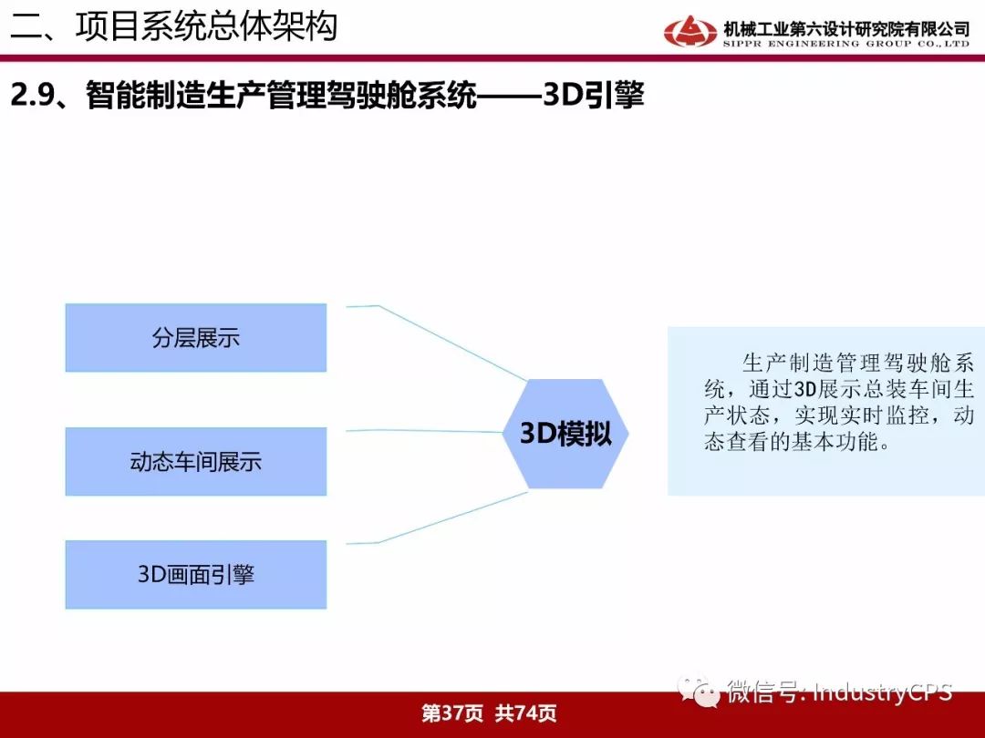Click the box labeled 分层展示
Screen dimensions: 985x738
click(x=196, y=338)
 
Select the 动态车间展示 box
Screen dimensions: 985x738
click(x=196, y=461)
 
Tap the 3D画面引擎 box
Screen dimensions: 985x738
click(x=196, y=574)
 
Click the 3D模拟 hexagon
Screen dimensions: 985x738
click(x=565, y=434)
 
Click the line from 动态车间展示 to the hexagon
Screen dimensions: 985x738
click(x=425, y=431)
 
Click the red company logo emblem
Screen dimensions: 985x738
click(x=689, y=31)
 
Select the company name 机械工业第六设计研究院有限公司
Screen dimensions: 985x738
click(x=846, y=28)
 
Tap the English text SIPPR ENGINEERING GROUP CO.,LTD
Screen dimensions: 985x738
click(x=846, y=44)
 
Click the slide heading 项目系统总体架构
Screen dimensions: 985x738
click(x=206, y=26)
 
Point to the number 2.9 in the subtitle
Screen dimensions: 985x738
click(x=31, y=96)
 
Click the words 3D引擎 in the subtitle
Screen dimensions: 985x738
click(x=594, y=96)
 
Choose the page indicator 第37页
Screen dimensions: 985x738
click(x=452, y=712)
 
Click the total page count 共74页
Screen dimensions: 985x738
click(x=526, y=712)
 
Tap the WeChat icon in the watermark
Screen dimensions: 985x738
click(x=699, y=692)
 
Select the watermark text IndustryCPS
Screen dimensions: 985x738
click(x=883, y=692)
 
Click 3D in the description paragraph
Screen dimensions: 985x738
click(x=804, y=389)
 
